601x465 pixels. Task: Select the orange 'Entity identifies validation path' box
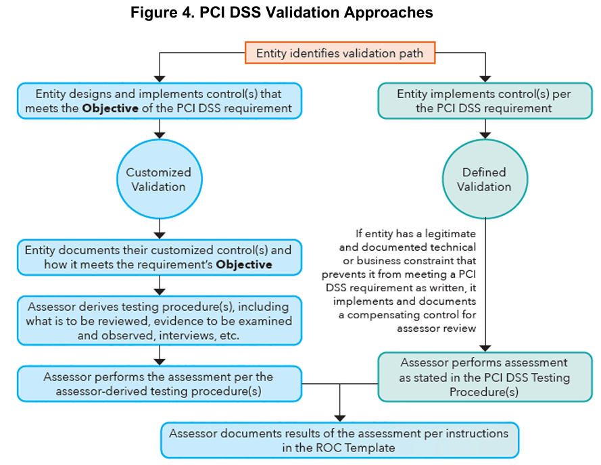(340, 53)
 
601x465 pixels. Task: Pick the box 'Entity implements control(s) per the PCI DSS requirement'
(484, 101)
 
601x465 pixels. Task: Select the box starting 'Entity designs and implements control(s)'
(159, 101)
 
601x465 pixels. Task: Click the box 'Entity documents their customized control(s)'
(159, 258)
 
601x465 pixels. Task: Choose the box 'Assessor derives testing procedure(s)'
(159, 320)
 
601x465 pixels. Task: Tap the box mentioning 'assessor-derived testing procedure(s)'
(159, 384)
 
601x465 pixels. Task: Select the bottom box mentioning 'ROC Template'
(339, 440)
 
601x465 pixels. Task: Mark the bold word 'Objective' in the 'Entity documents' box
(244, 264)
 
